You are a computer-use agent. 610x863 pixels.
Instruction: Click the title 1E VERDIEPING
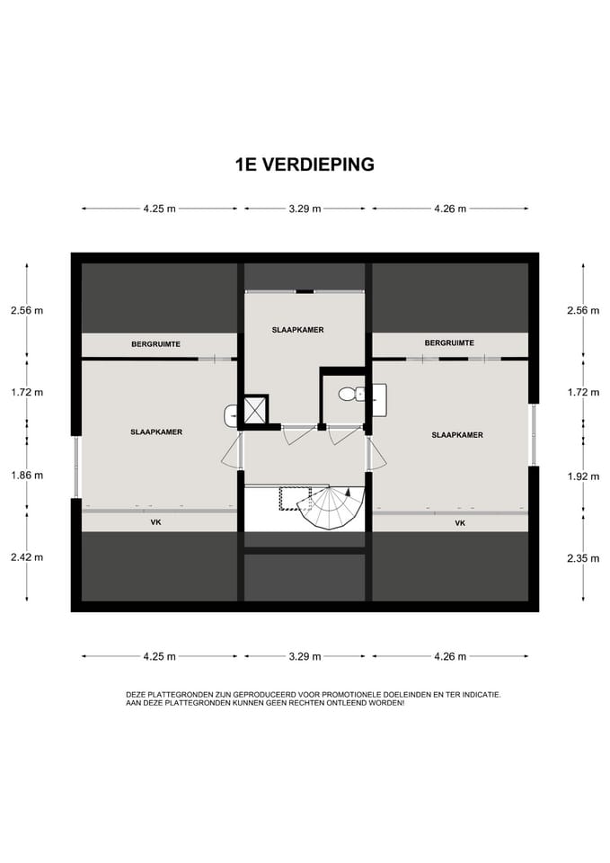coord(305,164)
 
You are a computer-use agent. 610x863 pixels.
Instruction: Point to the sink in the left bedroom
coord(231,415)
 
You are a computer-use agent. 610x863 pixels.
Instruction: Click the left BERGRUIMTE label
coord(155,344)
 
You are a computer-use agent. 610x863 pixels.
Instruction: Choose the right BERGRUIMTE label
coord(449,343)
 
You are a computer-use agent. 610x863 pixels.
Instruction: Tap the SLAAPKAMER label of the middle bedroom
coord(297,330)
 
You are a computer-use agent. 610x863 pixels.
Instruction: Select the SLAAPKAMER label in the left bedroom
coord(156,432)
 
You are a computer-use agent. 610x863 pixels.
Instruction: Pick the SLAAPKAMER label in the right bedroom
coord(457,435)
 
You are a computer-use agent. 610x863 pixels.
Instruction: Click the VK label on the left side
coord(155,521)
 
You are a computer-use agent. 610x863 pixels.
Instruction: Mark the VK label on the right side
coord(460,523)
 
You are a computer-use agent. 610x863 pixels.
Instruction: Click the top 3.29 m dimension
coord(305,209)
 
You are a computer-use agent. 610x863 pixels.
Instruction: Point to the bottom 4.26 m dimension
coord(450,656)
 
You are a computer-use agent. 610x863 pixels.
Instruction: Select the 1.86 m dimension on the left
coord(27,475)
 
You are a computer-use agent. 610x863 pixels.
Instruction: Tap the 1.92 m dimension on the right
coord(584,476)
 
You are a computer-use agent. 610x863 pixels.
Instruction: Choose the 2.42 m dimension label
coord(27,557)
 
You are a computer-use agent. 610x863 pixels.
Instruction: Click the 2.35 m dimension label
coord(584,558)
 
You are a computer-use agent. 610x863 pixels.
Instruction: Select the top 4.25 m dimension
coord(160,209)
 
